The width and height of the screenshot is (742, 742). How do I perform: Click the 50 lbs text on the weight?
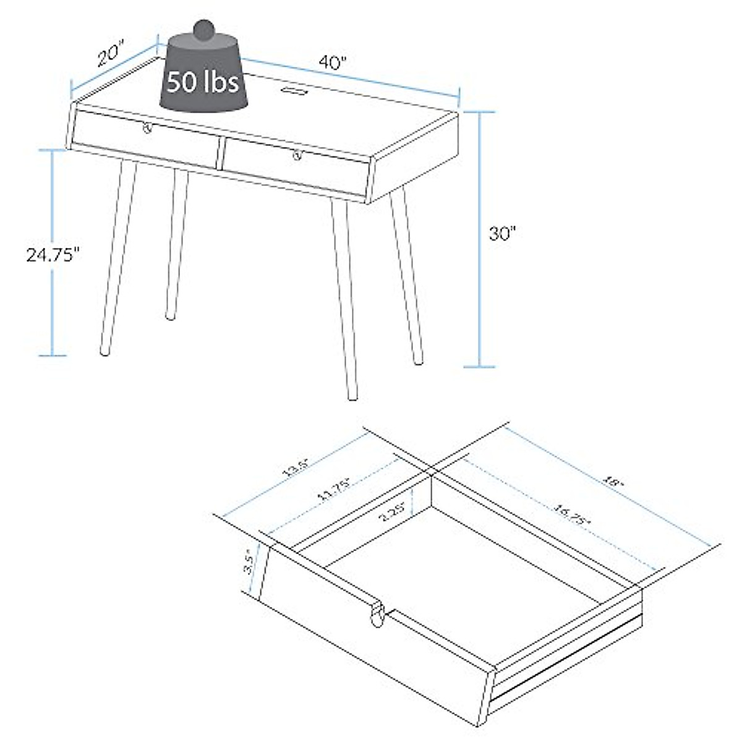coord(203,81)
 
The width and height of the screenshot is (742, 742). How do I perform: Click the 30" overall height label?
coord(502,234)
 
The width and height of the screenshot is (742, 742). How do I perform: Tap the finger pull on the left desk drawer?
coord(147,128)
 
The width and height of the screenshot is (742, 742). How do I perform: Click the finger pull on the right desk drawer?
coord(297,155)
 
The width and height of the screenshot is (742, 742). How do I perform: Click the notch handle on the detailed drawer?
coord(378,613)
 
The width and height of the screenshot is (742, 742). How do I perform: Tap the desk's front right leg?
coord(344,297)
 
